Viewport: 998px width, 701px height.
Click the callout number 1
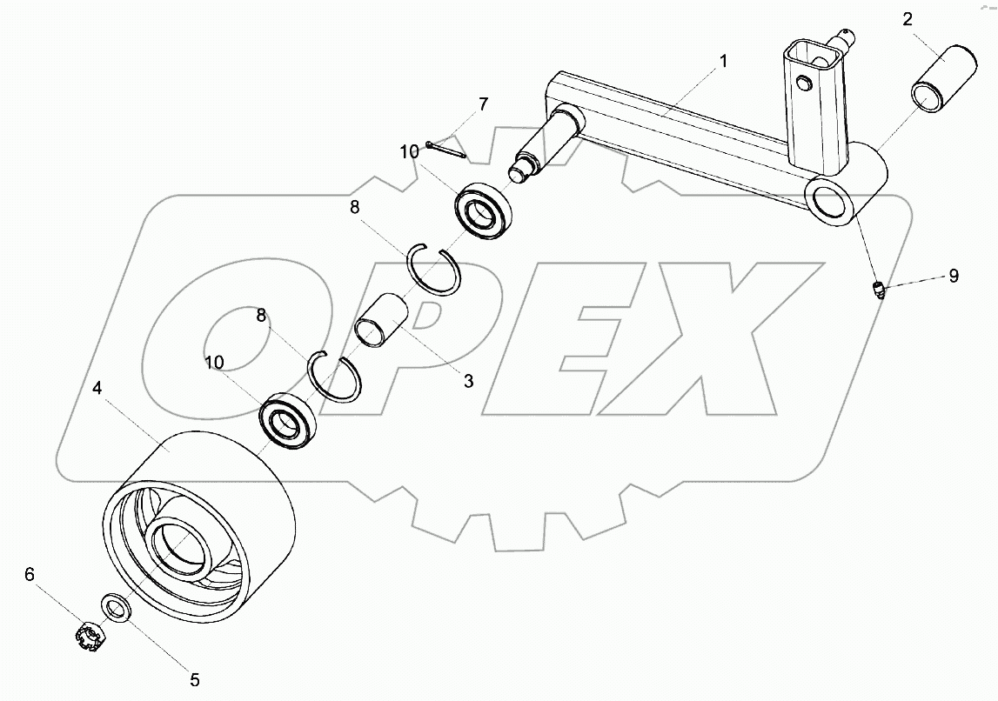point(722,61)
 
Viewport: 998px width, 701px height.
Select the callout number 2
point(907,19)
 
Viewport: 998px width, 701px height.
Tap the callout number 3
point(468,381)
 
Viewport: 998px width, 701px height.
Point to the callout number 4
point(97,387)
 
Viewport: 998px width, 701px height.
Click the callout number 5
point(195,680)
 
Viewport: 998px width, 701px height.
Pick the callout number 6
point(30,574)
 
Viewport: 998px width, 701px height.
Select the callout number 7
point(484,103)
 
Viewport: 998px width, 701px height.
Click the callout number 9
point(954,276)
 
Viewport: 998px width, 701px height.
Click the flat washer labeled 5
point(117,606)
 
